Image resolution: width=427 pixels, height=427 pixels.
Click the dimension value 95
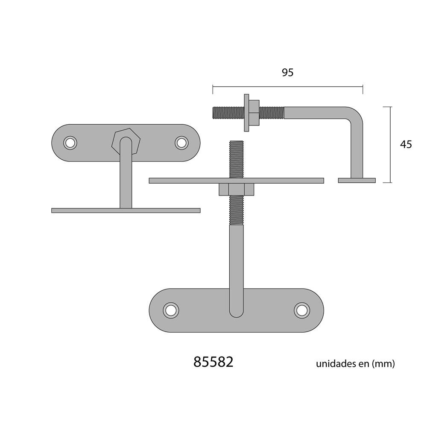288,73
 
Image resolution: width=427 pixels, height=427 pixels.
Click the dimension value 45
406,144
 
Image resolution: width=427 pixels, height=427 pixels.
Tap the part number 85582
213,362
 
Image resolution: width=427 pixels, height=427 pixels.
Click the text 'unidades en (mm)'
355,364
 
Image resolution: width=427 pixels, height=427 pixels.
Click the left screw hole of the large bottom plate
171,310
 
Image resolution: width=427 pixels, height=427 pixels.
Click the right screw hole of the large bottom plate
301,310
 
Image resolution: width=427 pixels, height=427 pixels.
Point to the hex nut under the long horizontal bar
236,189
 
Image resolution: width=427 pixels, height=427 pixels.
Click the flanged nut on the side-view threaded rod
248,113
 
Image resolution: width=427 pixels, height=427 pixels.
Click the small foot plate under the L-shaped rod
357,180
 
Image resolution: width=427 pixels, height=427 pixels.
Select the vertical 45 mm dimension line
391,144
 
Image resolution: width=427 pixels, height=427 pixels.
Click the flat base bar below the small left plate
126,210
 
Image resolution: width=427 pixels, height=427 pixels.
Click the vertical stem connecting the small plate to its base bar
126,179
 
